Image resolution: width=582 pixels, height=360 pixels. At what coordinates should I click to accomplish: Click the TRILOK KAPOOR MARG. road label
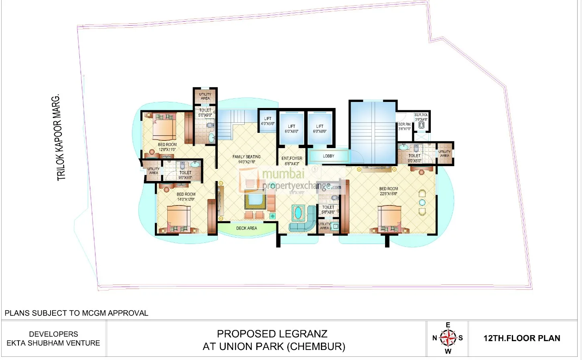click(59, 138)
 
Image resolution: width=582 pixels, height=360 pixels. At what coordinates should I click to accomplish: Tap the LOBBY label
click(329, 156)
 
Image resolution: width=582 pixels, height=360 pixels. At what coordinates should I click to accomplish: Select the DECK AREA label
click(246, 228)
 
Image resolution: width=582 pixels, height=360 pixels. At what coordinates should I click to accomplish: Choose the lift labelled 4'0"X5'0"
click(268, 121)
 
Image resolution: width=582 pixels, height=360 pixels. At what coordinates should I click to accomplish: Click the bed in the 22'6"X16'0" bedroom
click(389, 219)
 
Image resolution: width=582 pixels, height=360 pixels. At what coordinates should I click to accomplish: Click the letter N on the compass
click(434, 338)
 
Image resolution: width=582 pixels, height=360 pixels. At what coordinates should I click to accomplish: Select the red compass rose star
click(448, 338)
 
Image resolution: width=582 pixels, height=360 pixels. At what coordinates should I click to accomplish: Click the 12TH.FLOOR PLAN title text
click(521, 338)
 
